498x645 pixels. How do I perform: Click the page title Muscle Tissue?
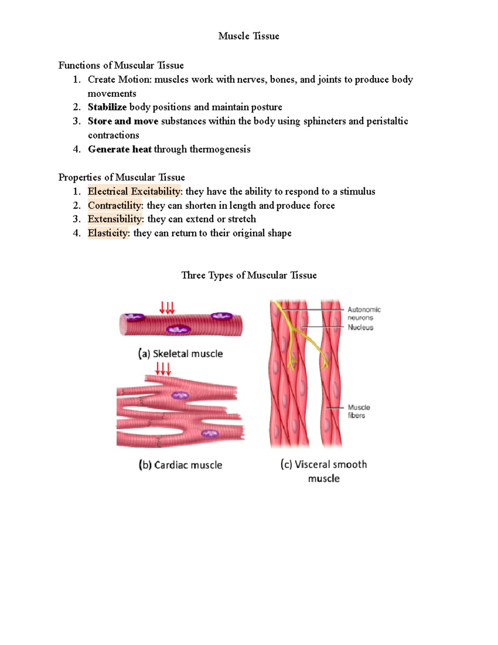(x=249, y=36)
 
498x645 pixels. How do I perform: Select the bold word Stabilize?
(x=107, y=107)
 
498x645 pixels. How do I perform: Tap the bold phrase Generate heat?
(x=120, y=149)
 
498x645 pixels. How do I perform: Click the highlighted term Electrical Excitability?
(x=134, y=191)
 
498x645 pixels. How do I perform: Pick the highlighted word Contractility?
(x=115, y=206)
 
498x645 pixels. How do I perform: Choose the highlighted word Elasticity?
(x=108, y=233)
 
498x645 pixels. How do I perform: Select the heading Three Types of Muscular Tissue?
(x=249, y=275)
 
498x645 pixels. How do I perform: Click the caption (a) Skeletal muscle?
(x=181, y=354)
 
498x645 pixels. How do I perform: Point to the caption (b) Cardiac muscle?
(x=181, y=465)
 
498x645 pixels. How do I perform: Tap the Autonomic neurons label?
(x=364, y=314)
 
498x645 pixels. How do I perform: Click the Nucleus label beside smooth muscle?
(x=360, y=327)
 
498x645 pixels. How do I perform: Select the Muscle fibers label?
(x=359, y=411)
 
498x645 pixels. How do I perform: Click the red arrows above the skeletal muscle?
(x=167, y=308)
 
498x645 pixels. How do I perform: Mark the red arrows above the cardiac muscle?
(x=163, y=368)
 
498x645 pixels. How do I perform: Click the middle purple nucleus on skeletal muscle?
(x=178, y=329)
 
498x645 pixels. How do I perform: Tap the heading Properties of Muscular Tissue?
(x=122, y=177)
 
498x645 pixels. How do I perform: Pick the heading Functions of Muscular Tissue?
(x=121, y=65)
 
